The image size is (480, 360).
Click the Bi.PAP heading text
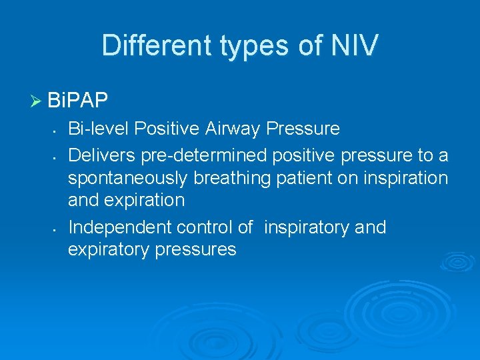coord(78,101)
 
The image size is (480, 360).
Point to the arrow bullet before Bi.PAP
coord(36,101)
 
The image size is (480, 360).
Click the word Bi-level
coord(95,128)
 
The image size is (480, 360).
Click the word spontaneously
coord(130,179)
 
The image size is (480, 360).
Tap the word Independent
coord(120,227)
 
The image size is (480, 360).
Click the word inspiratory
coord(307,228)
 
